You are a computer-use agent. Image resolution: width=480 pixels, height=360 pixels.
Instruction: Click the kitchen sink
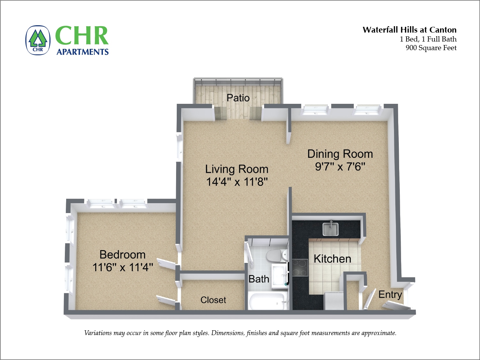point(330,229)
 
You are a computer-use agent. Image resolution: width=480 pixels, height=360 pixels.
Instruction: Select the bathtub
point(267,302)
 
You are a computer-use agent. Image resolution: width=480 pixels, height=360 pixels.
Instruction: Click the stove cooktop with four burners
point(299,267)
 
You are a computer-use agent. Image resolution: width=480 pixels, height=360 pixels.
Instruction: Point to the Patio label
point(238,98)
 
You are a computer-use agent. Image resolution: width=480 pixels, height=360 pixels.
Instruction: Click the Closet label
point(213,300)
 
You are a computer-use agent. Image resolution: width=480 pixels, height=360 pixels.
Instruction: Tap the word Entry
point(390,295)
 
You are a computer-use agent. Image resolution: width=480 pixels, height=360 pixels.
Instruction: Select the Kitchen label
point(332,259)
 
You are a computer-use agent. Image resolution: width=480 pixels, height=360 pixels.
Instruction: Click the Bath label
point(259,279)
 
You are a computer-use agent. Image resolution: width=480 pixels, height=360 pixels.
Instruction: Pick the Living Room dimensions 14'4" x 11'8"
point(237,182)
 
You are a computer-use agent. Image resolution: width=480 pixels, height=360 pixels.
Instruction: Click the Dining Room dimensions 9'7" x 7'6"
point(340,166)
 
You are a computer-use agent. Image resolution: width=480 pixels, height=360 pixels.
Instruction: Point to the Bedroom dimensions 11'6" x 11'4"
point(123,267)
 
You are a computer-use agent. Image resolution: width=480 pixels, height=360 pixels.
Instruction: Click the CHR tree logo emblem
point(38,40)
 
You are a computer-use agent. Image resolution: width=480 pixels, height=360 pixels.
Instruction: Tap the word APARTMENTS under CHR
point(82,52)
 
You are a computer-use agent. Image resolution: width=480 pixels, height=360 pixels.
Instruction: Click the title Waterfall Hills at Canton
point(409,30)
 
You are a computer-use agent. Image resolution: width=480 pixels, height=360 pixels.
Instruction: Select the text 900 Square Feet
point(431,48)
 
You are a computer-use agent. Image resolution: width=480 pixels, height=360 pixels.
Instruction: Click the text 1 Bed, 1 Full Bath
point(428,39)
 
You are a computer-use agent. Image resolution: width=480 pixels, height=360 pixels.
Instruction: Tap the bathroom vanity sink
point(280,274)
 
